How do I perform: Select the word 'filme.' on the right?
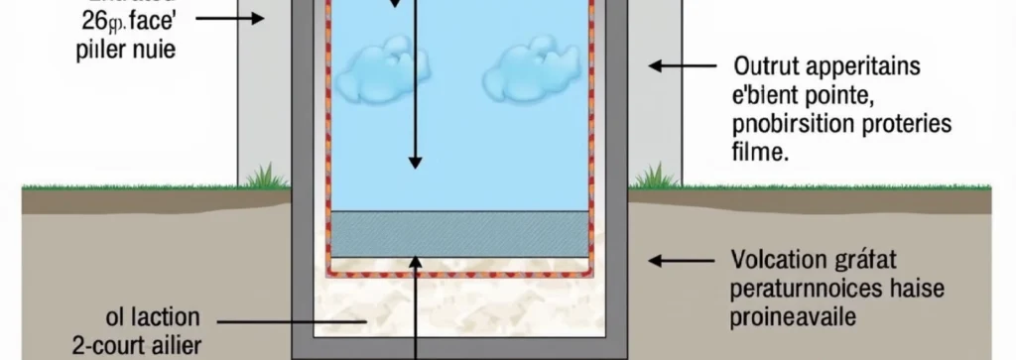pyautogui.click(x=760, y=154)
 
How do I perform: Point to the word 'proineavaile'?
pyautogui.click(x=793, y=318)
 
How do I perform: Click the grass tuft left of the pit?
pyautogui.click(x=262, y=178)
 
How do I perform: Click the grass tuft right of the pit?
pyautogui.click(x=654, y=178)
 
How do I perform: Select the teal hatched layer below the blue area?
pyautogui.click(x=460, y=234)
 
